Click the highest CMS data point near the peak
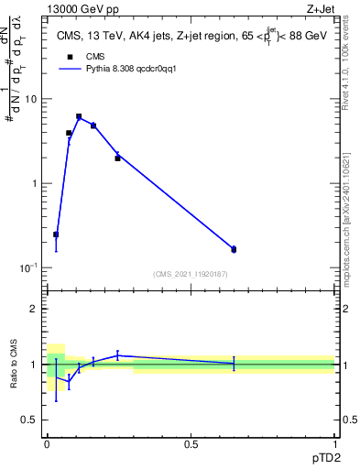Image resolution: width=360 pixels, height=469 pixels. click(79, 117)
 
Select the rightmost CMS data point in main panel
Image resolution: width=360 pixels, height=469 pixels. click(234, 249)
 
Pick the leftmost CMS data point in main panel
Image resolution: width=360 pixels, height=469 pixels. click(56, 234)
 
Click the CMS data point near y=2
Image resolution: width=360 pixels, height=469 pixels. click(117, 158)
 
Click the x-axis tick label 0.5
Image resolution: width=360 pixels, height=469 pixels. click(191, 443)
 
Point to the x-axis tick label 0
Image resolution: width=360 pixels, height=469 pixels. click(47, 443)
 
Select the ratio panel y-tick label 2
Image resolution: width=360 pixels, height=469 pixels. click(35, 309)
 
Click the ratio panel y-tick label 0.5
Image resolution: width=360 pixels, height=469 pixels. click(30, 420)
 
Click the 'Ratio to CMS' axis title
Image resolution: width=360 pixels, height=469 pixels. click(14, 365)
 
